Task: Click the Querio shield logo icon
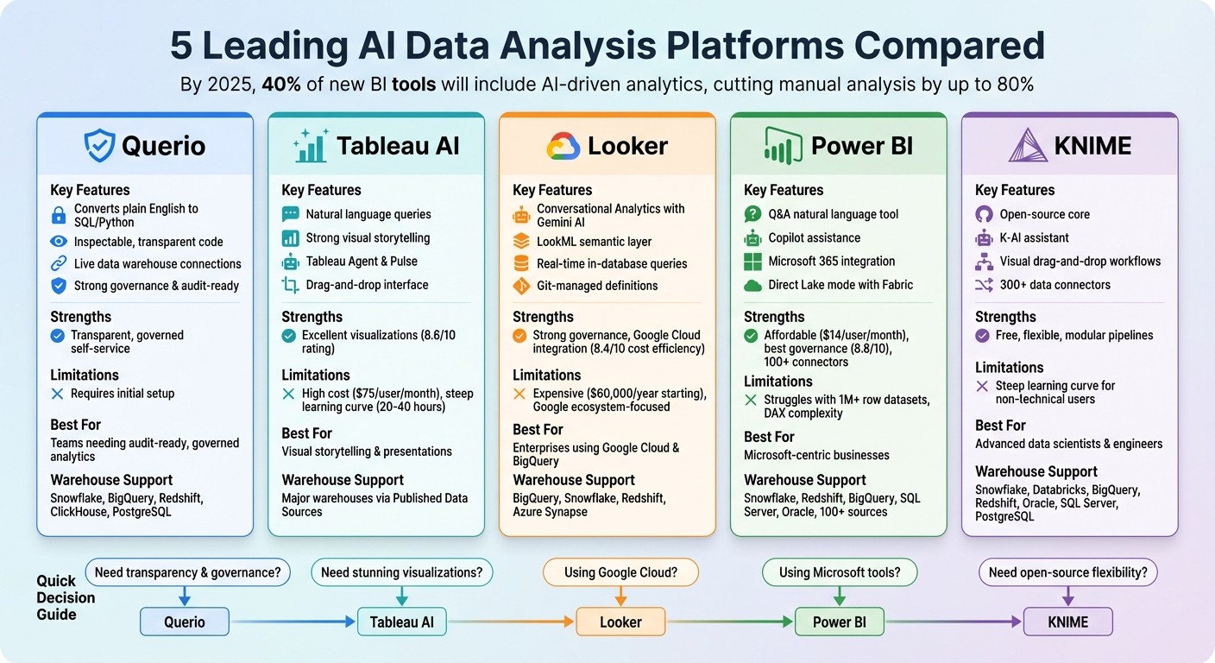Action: (99, 145)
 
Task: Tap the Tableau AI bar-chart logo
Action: (310, 145)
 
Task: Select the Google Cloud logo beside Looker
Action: (563, 146)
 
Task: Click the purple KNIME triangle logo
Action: (1027, 145)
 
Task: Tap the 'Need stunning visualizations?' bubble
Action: (401, 571)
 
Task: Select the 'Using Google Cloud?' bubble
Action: (620, 571)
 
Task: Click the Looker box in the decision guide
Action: (620, 622)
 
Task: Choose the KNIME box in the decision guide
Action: (1067, 622)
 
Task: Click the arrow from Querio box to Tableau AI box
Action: (293, 622)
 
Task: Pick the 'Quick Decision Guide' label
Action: (66, 597)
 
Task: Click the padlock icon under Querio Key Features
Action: (59, 215)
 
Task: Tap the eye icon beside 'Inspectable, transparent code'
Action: (59, 242)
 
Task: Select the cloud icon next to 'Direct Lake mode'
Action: (752, 285)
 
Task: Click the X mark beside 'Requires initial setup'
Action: (58, 394)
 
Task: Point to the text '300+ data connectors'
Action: (1054, 285)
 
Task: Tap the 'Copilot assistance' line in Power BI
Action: (814, 237)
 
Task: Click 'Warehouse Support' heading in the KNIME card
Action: (1036, 471)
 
